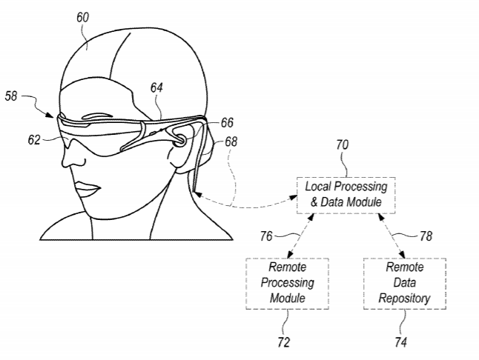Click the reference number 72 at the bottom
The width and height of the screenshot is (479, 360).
click(283, 342)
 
